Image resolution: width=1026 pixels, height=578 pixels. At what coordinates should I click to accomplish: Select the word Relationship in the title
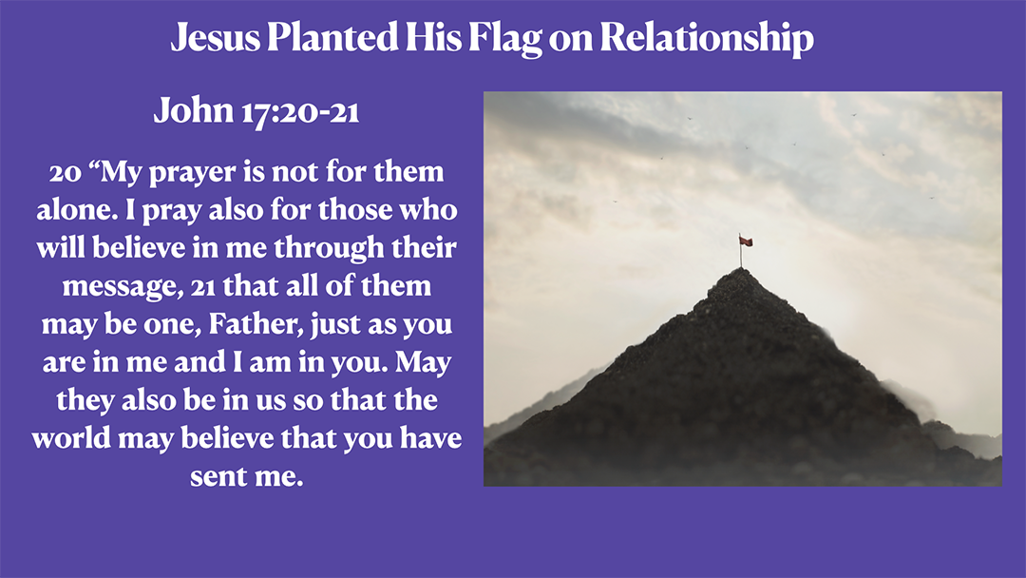707,38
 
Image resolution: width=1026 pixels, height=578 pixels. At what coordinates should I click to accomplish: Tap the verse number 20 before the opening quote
66,173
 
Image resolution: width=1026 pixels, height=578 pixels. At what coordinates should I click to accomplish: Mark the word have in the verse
426,438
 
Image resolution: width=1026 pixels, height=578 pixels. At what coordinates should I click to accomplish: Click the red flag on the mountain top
746,241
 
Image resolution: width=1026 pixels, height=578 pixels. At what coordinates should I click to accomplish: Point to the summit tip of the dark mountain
741,270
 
